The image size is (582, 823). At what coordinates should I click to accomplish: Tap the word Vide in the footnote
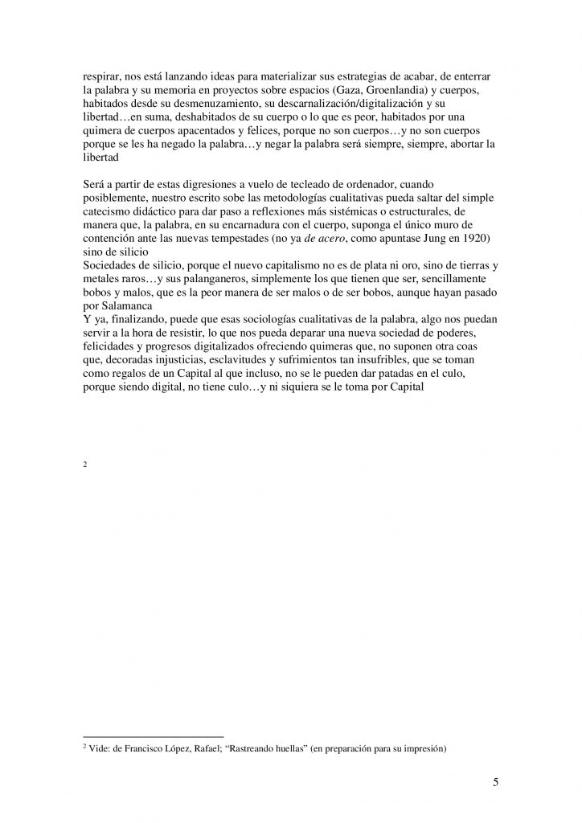point(99,750)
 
